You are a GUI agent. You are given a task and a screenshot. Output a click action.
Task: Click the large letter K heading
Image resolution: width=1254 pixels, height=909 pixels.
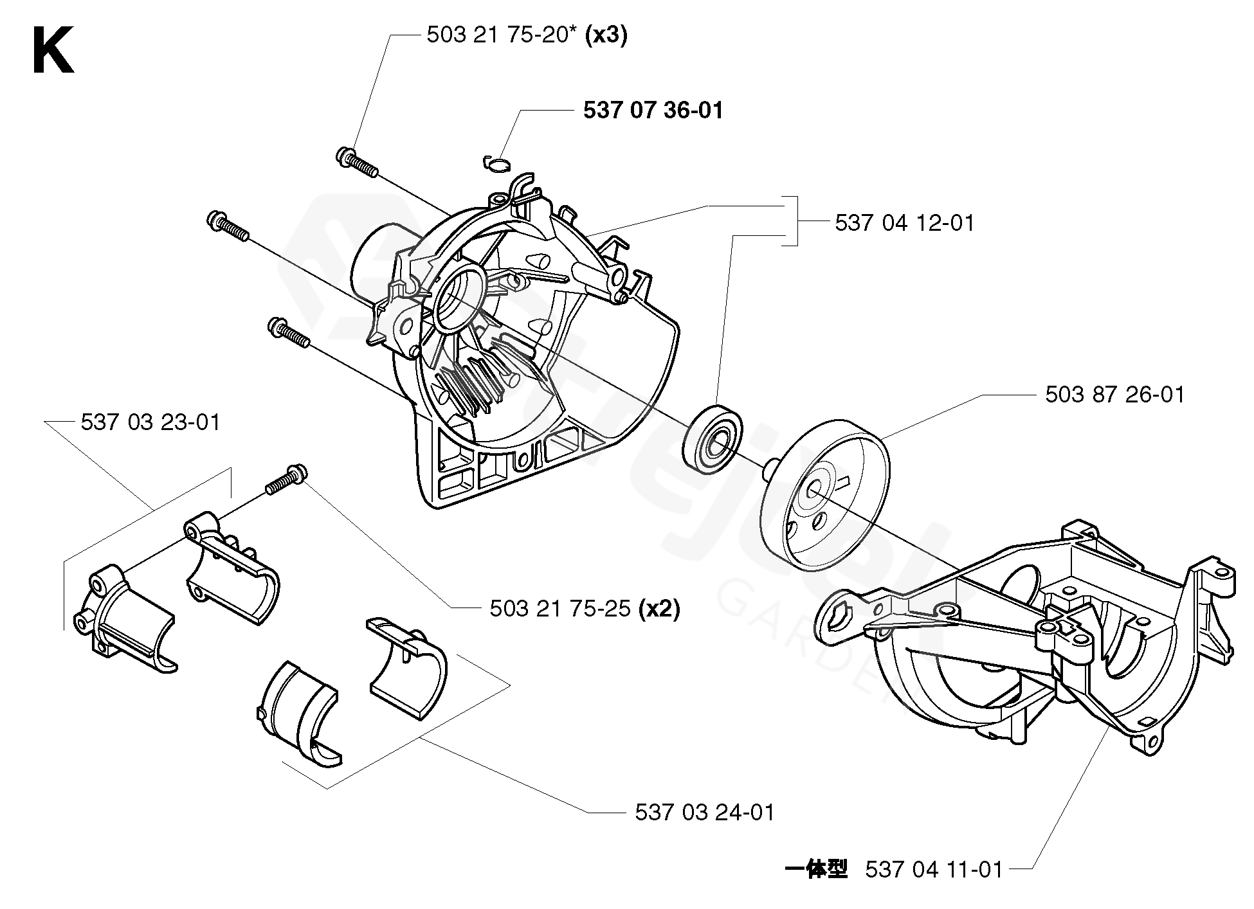click(x=53, y=51)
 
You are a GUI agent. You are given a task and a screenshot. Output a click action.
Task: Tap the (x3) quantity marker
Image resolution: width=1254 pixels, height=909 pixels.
click(x=606, y=35)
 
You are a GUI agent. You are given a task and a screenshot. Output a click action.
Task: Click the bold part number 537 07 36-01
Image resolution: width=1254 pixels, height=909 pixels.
click(x=653, y=111)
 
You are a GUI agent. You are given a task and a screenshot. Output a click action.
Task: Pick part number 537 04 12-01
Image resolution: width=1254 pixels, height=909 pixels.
click(x=905, y=223)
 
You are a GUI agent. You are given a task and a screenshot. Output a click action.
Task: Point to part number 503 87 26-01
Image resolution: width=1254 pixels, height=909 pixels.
click(x=1114, y=394)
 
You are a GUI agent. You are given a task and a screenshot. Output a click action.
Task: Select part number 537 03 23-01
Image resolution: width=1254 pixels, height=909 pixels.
click(x=150, y=422)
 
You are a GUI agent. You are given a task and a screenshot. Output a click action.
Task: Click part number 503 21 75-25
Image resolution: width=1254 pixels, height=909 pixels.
click(x=560, y=608)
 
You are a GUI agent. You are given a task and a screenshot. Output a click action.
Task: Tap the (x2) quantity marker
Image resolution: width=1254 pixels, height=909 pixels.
click(x=659, y=608)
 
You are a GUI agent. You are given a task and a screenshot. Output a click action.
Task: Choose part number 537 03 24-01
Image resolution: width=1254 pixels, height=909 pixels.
click(x=705, y=812)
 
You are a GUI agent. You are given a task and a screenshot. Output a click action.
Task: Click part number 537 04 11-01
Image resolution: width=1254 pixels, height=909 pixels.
click(x=934, y=870)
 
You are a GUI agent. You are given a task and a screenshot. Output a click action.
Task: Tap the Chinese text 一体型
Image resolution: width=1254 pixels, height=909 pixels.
click(x=816, y=870)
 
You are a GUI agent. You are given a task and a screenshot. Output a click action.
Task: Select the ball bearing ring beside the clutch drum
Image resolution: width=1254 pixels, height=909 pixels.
click(x=714, y=438)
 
